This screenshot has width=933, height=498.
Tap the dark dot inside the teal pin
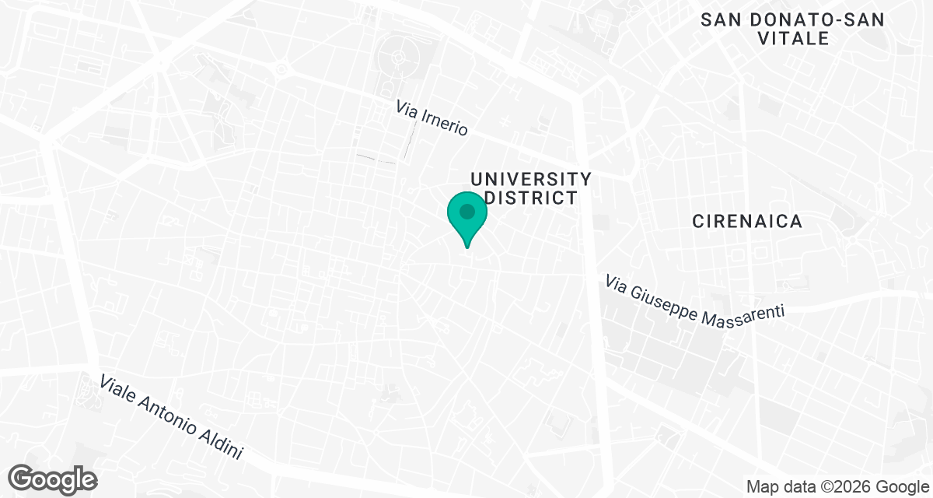coord(467,212)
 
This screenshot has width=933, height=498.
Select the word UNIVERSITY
coord(531,180)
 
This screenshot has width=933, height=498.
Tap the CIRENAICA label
coord(747,222)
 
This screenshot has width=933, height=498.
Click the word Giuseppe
coord(665,305)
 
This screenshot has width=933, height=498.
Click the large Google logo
coord(53,479)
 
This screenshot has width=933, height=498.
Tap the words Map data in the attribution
coord(777,486)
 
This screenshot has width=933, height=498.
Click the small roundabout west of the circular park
coord(281,68)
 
